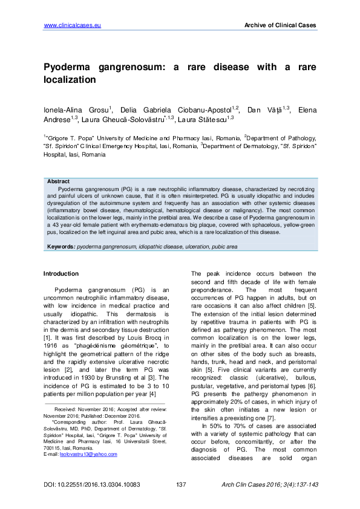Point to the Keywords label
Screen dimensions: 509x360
pos(61,247)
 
